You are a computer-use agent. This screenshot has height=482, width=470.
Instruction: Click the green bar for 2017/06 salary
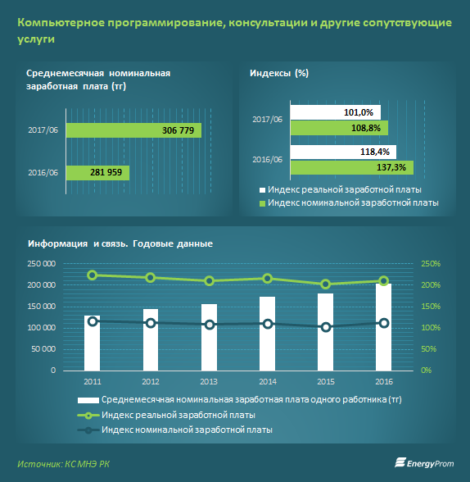coord(133,130)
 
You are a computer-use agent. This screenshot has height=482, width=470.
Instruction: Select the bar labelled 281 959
coord(98,173)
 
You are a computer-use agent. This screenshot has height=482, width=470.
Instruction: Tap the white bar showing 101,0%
coord(336,112)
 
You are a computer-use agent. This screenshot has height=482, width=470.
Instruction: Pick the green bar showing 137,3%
coord(352,167)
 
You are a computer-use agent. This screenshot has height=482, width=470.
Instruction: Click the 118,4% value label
coord(374,152)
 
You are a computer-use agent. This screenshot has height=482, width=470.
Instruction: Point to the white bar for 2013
coord(209,337)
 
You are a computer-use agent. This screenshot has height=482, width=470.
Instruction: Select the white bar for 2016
coord(384,327)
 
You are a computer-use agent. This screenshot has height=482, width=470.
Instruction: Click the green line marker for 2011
coord(92,275)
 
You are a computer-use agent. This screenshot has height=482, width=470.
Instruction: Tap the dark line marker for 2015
coord(326,327)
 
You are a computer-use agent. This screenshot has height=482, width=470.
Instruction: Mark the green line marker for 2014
coord(268,279)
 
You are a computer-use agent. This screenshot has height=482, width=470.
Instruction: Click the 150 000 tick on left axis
coord(42,307)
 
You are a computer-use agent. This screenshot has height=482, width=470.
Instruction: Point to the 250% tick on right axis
coord(431,264)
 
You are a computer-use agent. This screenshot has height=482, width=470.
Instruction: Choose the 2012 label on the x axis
coord(151,381)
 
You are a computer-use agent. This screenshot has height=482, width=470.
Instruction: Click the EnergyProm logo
coord(424,463)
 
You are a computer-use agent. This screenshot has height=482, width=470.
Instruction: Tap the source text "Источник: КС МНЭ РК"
coord(63,464)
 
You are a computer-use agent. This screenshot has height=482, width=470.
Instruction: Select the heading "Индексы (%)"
coord(279,73)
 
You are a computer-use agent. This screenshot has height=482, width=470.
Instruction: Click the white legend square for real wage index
coord(262,190)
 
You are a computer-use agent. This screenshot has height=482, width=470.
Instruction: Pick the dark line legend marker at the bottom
coord(88,430)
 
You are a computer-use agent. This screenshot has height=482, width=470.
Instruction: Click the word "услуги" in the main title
coord(36,39)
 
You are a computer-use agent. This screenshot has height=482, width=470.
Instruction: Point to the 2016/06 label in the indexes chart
coord(267,160)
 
